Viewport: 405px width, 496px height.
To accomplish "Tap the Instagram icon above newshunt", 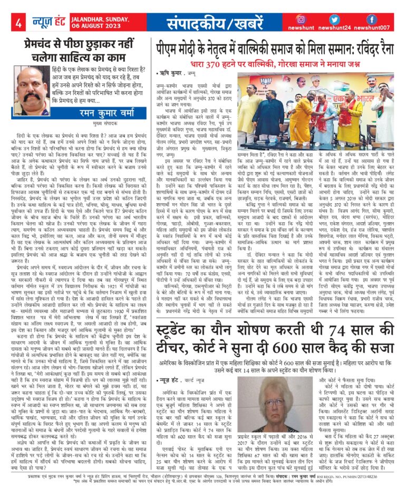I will point(301,19).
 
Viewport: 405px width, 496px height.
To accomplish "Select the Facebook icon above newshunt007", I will point(371,19).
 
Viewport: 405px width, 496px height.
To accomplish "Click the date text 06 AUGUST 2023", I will point(80,27).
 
